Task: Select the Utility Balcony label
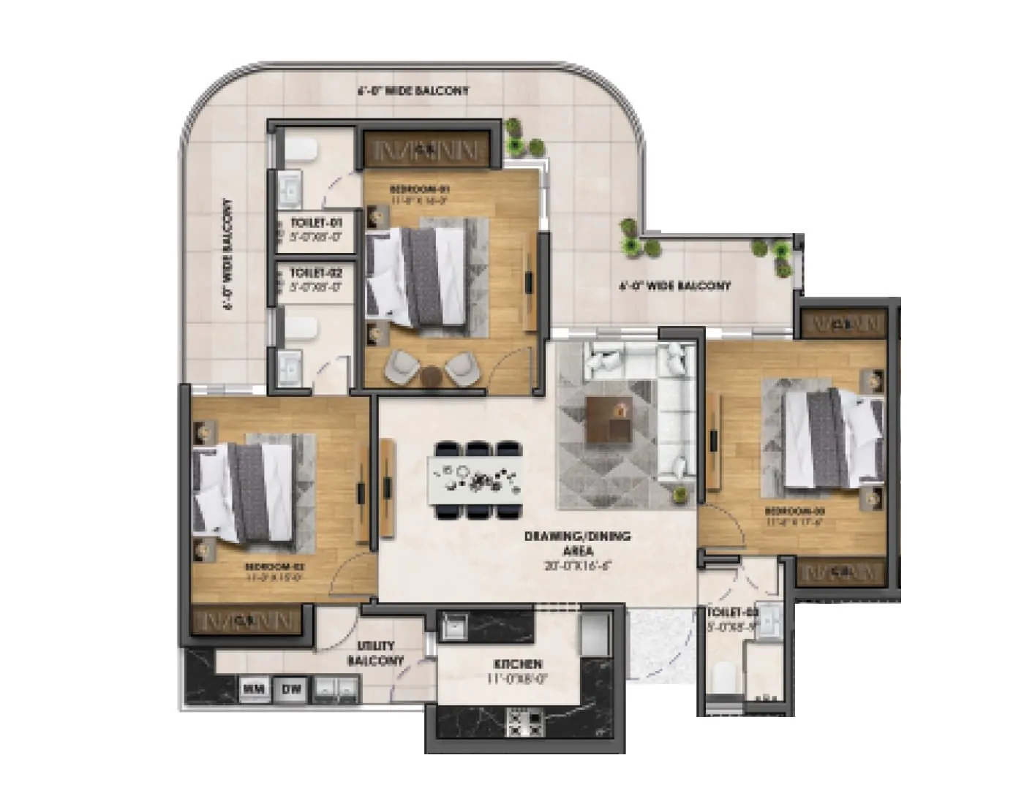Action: [x=376, y=653]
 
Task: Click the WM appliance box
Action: [x=253, y=688]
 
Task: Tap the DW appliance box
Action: [x=290, y=688]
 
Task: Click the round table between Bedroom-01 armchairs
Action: [x=432, y=375]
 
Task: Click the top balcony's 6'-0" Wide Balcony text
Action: [x=413, y=91]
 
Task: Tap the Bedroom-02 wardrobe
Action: [x=246, y=620]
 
